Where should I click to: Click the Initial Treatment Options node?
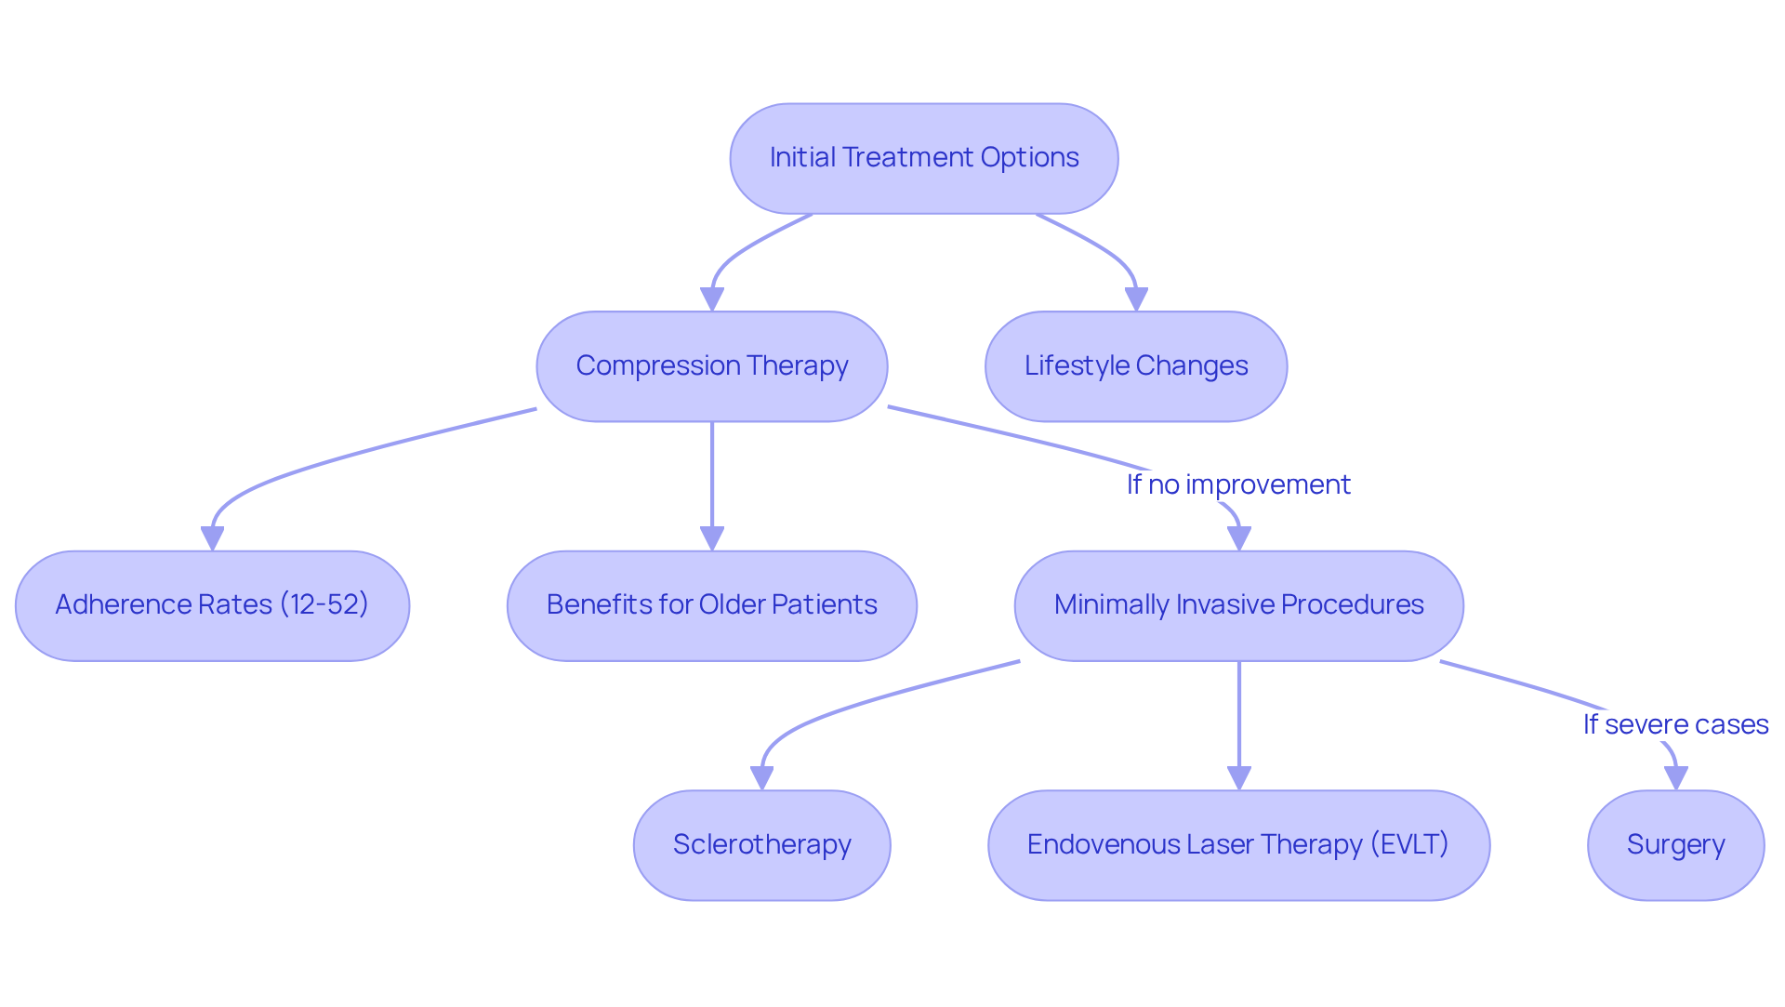(x=923, y=158)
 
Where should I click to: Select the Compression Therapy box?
(x=711, y=366)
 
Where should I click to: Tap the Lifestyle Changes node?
(x=1135, y=366)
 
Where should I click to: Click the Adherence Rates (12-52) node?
(x=212, y=605)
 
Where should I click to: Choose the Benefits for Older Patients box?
(x=711, y=605)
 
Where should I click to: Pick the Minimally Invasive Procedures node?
(x=1238, y=605)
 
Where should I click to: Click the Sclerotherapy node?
(x=761, y=845)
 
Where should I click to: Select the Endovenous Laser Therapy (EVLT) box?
(x=1238, y=845)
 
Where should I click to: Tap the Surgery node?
(x=1675, y=845)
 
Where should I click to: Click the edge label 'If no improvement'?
(x=1238, y=484)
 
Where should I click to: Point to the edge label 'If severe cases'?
(x=1675, y=724)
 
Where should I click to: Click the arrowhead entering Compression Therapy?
(x=712, y=299)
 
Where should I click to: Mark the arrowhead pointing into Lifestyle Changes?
(x=1136, y=299)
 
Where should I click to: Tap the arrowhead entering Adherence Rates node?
(x=212, y=538)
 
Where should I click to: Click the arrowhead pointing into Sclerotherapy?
(x=762, y=778)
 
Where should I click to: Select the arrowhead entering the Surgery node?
(x=1675, y=778)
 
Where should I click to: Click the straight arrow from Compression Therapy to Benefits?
(x=712, y=474)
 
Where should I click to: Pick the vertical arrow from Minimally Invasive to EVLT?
(x=1238, y=716)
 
